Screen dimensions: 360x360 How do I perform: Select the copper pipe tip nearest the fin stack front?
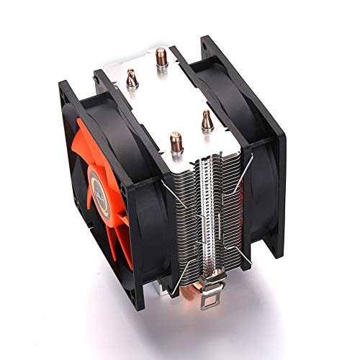[176, 140]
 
